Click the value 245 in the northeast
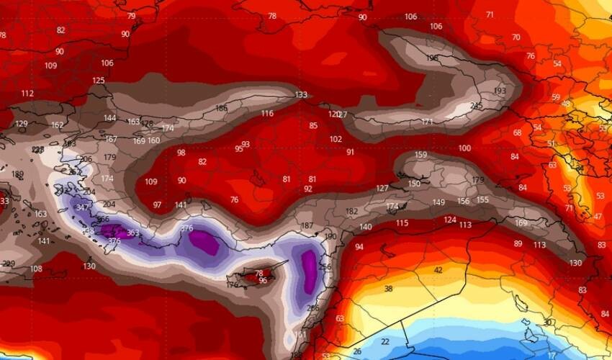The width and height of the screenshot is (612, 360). [476, 107]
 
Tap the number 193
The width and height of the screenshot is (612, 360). [500, 91]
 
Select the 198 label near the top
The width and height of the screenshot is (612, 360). [433, 58]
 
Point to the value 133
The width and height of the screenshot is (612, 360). [301, 95]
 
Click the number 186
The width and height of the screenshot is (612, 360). [222, 109]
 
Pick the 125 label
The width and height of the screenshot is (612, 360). [99, 81]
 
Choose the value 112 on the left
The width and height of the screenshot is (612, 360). [27, 94]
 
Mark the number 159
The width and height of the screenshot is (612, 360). [421, 155]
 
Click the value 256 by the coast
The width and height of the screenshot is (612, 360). [325, 267]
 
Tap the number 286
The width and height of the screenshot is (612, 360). [312, 308]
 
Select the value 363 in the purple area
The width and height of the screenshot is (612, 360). [132, 233]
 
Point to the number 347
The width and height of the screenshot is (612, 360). [83, 207]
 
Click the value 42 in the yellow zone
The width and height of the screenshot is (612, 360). [438, 270]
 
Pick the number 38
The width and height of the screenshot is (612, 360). [389, 289]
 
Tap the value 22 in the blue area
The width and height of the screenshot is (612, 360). [385, 341]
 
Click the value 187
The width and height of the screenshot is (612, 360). [307, 226]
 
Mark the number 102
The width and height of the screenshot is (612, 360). [336, 140]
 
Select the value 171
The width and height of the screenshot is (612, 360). [427, 122]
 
